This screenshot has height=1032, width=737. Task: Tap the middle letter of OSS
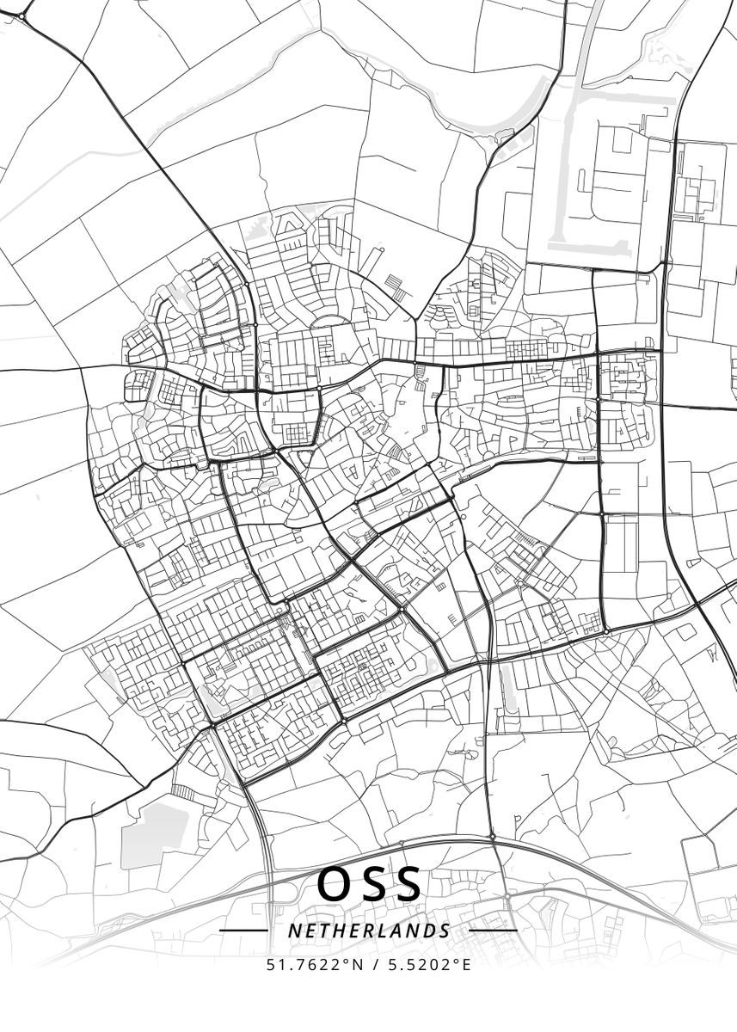tap(372, 884)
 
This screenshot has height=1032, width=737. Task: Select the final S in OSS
tap(408, 884)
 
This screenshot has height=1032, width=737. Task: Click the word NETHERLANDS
tap(369, 931)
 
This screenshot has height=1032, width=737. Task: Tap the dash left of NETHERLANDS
tap(243, 931)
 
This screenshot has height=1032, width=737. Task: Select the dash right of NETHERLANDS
tap(494, 931)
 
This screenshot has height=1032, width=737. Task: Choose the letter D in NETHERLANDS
tap(429, 931)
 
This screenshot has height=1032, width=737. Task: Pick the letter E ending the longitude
tap(467, 964)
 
